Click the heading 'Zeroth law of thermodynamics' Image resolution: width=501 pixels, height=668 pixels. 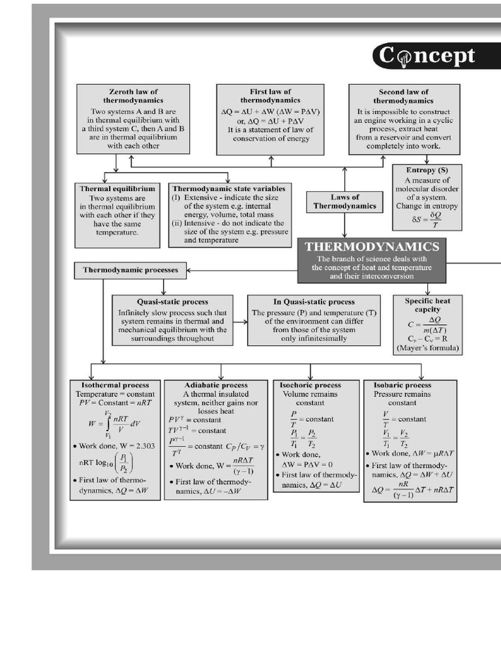pyautogui.click(x=133, y=96)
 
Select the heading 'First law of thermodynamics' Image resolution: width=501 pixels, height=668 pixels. pyautogui.click(x=270, y=96)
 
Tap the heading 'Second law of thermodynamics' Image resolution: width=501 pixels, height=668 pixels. pyautogui.click(x=404, y=97)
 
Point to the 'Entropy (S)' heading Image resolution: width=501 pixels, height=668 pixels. pyautogui.click(x=427, y=170)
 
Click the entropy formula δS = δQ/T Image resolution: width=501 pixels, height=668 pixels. pyautogui.click(x=427, y=219)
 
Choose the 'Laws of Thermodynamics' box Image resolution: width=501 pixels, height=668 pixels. pyautogui.click(x=345, y=201)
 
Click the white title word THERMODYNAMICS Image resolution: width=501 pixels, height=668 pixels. pyautogui.click(x=372, y=247)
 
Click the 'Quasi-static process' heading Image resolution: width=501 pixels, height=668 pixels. pyautogui.click(x=172, y=301)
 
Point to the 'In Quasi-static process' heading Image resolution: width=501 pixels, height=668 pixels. pyautogui.click(x=314, y=301)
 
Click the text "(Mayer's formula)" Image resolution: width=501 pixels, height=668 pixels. pyautogui.click(x=428, y=349)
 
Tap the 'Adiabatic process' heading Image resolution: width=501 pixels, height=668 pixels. pyautogui.click(x=216, y=385)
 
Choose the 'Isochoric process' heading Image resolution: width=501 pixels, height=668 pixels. pyautogui.click(x=310, y=385)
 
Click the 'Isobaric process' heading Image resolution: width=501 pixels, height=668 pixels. pyautogui.click(x=402, y=385)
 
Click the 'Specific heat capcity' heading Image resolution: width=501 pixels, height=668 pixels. pyautogui.click(x=428, y=305)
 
